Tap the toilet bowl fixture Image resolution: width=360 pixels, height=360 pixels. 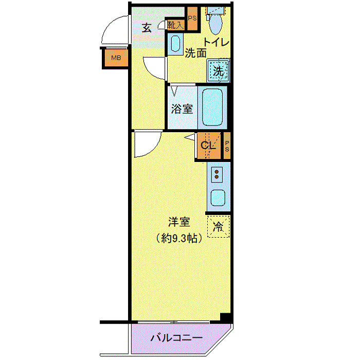214,22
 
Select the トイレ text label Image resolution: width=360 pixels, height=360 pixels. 216,42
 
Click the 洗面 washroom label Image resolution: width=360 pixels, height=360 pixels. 195,52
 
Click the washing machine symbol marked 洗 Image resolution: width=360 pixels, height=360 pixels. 219,71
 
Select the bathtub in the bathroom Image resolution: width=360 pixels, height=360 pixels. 212,107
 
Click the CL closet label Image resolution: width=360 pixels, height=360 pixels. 208,146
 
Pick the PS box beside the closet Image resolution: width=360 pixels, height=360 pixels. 227,146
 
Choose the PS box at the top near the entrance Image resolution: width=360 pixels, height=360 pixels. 192,19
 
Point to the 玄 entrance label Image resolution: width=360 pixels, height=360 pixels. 147,28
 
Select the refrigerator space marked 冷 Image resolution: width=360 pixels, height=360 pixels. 219,226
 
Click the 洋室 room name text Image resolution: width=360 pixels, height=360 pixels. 179,223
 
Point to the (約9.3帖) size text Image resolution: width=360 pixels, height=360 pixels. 179,238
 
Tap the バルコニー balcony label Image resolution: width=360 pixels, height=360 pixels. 176,338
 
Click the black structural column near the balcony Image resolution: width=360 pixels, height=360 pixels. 225,317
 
